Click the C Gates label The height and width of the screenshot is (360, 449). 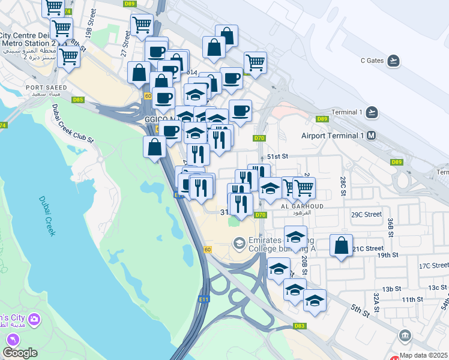coord(372,60)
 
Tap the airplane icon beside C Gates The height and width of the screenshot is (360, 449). coord(393,60)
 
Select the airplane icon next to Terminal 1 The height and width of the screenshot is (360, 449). coord(372,112)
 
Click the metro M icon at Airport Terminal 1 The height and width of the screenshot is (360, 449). coord(372,136)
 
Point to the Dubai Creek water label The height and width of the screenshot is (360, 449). coord(47,216)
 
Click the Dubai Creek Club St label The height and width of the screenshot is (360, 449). coord(73,124)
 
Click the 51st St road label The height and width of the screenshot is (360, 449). coord(278,156)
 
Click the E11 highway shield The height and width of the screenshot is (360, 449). coord(203,298)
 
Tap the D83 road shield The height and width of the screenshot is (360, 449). coord(300,326)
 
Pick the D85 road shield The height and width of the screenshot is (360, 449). coord(77,100)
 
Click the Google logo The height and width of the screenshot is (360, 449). coord(20,352)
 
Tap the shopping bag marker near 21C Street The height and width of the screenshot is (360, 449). coord(341,245)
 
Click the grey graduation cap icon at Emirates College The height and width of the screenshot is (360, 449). coord(239,243)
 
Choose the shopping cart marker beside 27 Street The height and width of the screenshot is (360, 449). coord(142,25)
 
